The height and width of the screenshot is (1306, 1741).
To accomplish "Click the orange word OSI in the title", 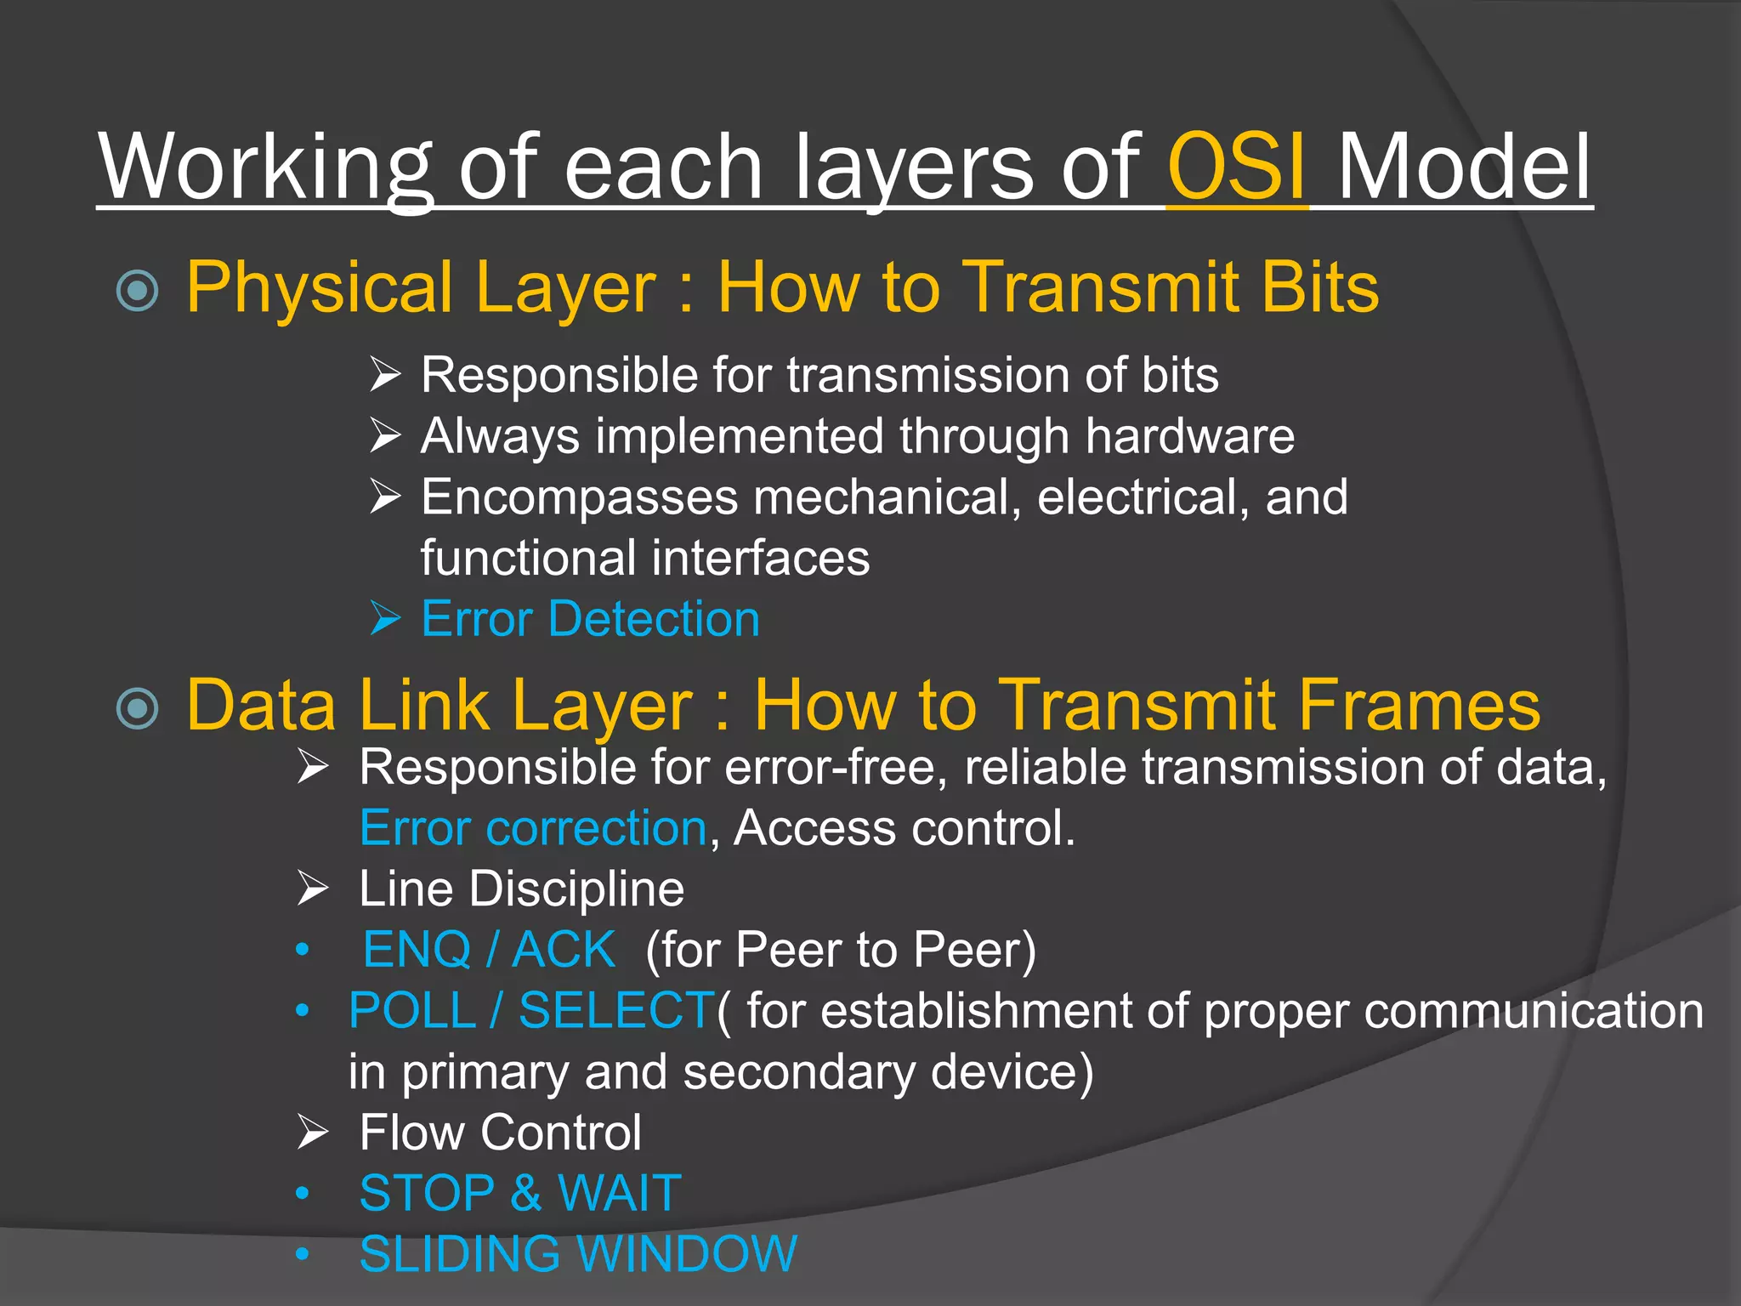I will click(x=1237, y=167).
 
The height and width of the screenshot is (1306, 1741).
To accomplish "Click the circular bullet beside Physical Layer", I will click(x=138, y=290).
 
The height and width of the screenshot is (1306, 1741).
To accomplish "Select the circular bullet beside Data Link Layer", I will click(x=138, y=707).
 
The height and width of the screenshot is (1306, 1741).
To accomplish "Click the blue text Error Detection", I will click(x=590, y=619).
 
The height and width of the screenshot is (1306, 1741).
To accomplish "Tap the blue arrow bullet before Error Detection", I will click(x=385, y=618).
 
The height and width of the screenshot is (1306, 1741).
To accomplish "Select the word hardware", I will click(x=1189, y=436).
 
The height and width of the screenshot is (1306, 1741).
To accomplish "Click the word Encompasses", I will click(x=579, y=497).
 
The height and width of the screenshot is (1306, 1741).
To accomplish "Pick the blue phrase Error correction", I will click(x=533, y=828).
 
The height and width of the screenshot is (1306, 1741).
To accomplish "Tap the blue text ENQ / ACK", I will click(x=489, y=950).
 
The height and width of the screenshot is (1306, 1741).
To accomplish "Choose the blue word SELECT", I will click(x=616, y=1011).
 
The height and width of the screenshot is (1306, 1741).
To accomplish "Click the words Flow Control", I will click(x=500, y=1133).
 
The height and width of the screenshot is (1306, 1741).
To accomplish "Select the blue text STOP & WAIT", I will click(x=520, y=1193).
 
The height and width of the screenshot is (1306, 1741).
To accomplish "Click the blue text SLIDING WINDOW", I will click(x=578, y=1254).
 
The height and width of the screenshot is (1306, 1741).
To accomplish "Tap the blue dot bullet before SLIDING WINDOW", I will click(x=302, y=1254).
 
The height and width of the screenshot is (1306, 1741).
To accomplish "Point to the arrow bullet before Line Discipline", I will click(x=313, y=889).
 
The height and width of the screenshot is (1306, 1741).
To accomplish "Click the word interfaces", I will click(x=761, y=559).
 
